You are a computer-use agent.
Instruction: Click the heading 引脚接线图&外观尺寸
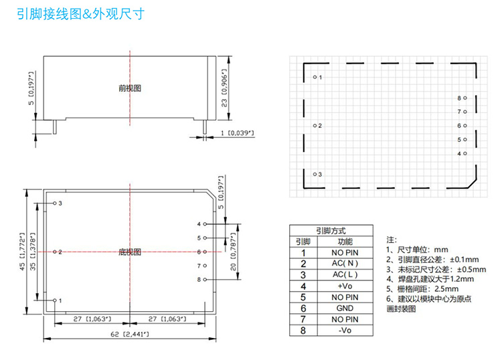80,13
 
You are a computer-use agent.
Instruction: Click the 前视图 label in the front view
130,88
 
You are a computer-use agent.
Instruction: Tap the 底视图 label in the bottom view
130,252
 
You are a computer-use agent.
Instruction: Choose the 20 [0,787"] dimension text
234,252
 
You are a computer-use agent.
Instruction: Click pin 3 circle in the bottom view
54,203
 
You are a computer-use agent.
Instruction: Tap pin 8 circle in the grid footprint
465,98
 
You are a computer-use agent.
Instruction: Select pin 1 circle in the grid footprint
315,77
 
